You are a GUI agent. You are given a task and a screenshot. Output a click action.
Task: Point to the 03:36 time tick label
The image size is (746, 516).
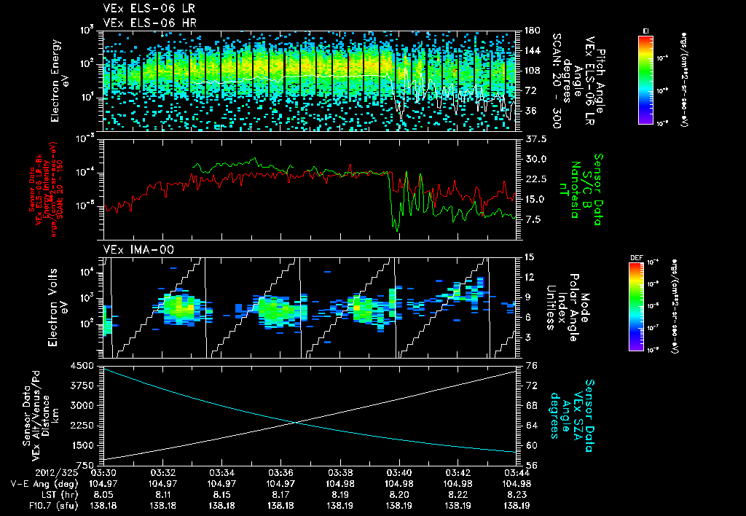click(280, 472)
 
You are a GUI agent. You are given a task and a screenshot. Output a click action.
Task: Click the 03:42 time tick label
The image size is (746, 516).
click(458, 472)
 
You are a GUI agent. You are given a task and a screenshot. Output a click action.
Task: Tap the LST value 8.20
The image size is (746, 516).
click(398, 493)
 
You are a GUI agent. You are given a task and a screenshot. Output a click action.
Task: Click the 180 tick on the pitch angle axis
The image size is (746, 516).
click(530, 31)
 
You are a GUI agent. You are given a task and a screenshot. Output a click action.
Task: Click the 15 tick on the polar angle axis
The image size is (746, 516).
click(527, 257)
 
